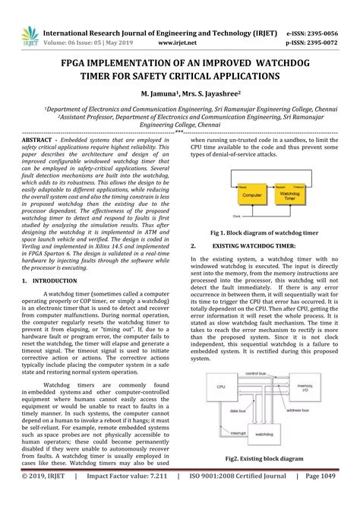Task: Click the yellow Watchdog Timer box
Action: click(x=290, y=194)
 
